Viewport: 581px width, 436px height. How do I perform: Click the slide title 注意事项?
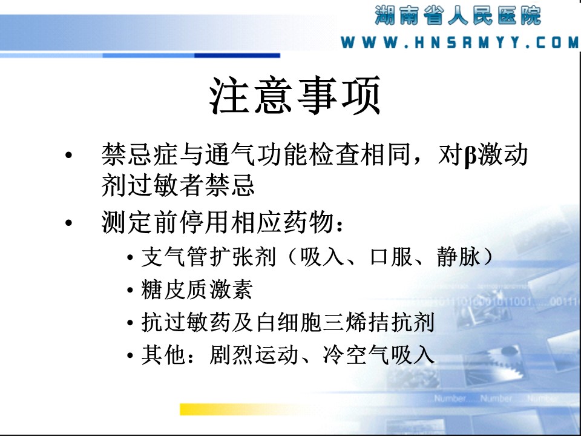click(295, 95)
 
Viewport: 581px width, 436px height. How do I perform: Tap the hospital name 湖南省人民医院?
click(458, 15)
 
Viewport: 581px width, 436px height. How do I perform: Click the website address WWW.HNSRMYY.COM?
click(459, 42)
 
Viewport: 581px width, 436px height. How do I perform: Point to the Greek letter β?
click(470, 156)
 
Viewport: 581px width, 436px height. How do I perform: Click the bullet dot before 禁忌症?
click(68, 155)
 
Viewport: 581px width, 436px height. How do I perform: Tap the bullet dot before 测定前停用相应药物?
click(68, 223)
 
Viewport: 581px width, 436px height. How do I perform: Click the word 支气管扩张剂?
click(209, 257)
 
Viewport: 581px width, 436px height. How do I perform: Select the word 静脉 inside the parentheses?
click(458, 257)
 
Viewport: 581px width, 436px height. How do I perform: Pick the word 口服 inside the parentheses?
click(392, 257)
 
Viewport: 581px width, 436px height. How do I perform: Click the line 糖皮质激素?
click(197, 289)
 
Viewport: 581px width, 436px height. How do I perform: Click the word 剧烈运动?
click(254, 355)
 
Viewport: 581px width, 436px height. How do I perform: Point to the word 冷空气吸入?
click(378, 355)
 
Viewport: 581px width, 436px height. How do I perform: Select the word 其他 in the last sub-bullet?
click(163, 355)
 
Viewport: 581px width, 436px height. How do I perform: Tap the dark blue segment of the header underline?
click(237, 56)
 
